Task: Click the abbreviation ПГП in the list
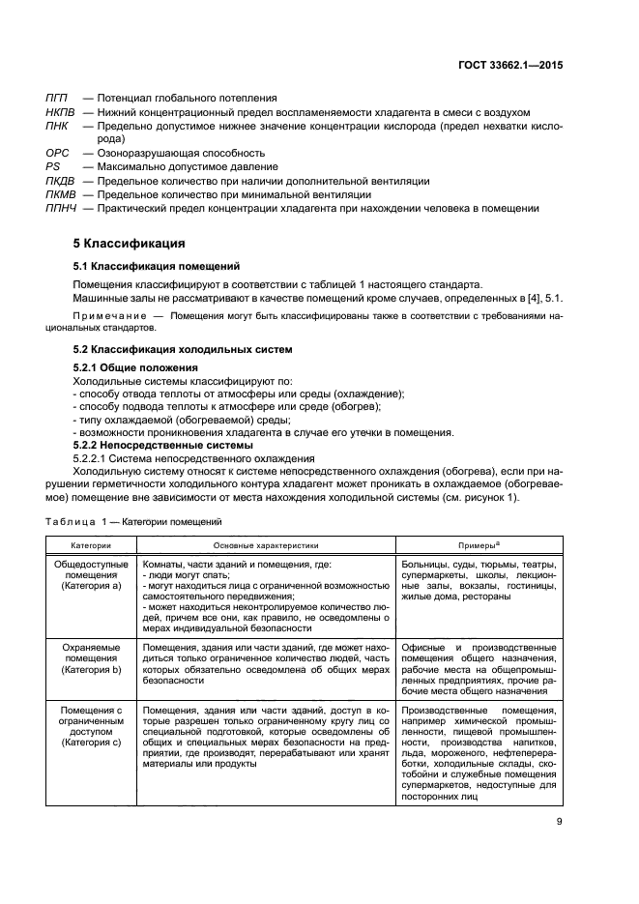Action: pyautogui.click(x=58, y=98)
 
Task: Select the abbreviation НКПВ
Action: pyautogui.click(x=61, y=111)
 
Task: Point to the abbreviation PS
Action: pyautogui.click(x=53, y=166)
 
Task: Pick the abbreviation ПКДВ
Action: pyautogui.click(x=61, y=181)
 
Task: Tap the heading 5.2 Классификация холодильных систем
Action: pyautogui.click(x=183, y=349)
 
